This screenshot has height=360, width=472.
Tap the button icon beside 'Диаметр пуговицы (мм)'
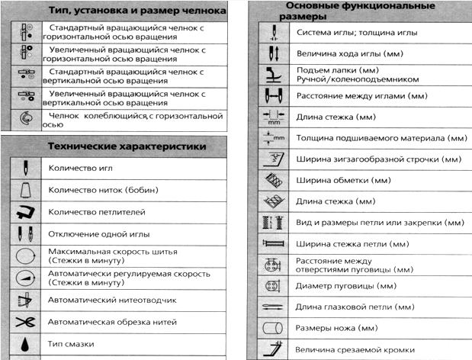tap(271, 288)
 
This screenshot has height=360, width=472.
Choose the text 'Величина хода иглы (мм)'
tap(350, 55)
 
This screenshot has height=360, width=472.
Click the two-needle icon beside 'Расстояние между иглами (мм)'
tap(271, 97)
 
